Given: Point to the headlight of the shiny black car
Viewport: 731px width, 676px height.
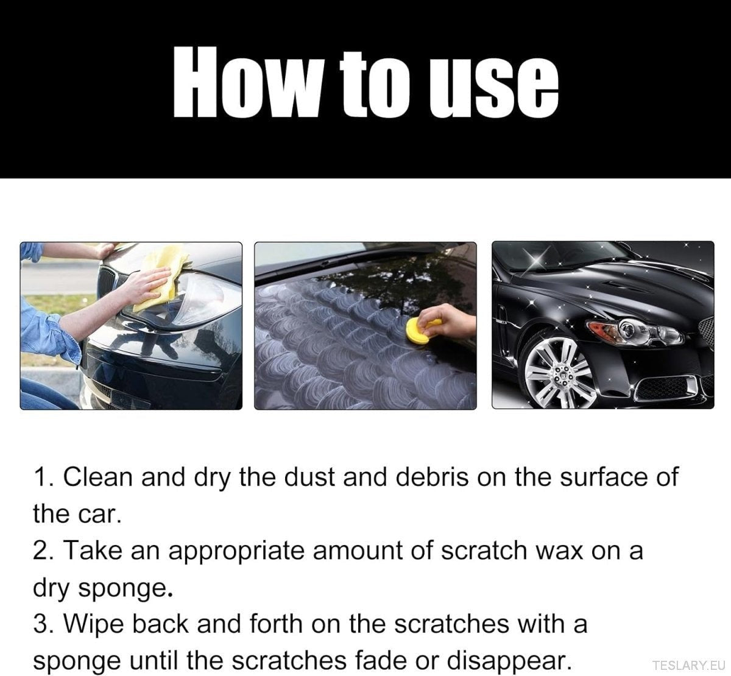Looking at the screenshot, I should coord(634,333).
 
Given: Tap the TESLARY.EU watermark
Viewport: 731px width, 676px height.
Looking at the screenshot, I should coord(687,664).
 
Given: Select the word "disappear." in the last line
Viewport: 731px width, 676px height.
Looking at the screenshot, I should coord(510,660).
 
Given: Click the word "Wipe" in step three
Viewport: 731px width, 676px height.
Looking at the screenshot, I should coord(95,624).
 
